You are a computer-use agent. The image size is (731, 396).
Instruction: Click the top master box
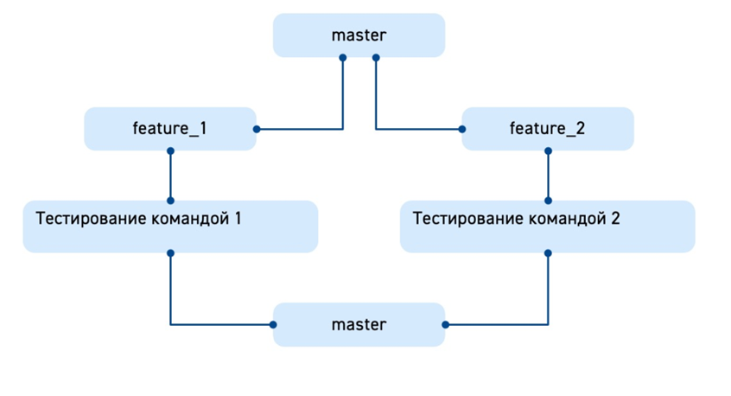coord(359,35)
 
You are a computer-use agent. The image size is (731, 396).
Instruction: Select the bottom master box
coord(359,325)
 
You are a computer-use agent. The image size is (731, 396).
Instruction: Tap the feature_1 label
coord(169,129)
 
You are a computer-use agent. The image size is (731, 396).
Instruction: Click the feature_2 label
coord(548,129)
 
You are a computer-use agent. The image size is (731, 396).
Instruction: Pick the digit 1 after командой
coord(237,218)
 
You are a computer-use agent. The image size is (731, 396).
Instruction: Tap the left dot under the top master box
coord(343,58)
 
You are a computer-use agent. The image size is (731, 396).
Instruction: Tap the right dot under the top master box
coord(375,58)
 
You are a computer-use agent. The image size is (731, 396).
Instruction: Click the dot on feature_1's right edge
coord(257,130)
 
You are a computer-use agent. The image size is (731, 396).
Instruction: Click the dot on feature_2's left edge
coord(462,130)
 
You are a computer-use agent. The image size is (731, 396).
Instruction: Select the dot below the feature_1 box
coord(170,150)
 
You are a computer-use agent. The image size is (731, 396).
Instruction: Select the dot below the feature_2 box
coord(548,150)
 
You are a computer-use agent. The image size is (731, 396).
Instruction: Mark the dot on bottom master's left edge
coord(273,325)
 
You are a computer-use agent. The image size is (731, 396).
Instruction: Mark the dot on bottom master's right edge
coord(445,325)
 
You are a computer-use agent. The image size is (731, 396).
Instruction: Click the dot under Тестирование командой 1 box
coord(170,253)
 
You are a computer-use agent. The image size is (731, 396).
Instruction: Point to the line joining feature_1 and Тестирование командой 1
coord(170,176)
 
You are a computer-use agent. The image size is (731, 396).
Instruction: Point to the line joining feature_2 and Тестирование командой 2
coord(548,176)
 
